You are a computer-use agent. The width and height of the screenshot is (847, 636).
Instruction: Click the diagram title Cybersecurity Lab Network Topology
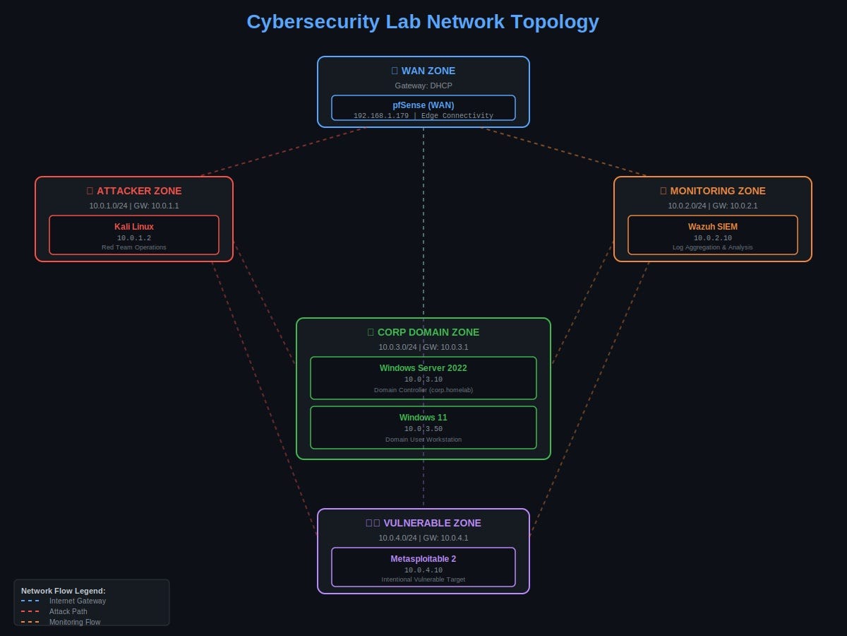coord(423,22)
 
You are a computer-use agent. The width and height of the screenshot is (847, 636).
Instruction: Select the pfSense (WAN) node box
coord(423,108)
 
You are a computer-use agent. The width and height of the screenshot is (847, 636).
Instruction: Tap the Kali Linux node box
coord(134,235)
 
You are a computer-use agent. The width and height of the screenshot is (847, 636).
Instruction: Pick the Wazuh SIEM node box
coord(713,235)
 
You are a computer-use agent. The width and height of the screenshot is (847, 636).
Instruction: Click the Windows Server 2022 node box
coord(423,378)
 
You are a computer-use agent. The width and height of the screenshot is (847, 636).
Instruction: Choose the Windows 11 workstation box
coord(423,428)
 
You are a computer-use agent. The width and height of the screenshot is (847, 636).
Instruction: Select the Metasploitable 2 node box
coord(423,567)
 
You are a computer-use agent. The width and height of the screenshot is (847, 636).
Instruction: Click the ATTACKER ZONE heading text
coord(138,191)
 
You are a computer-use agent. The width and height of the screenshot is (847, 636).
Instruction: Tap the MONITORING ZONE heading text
coord(717,191)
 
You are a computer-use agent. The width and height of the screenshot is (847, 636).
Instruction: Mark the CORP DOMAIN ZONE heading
coord(428,332)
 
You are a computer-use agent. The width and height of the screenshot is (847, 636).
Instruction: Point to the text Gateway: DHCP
coord(423,86)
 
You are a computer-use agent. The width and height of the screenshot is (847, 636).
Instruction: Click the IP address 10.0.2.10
coord(713,238)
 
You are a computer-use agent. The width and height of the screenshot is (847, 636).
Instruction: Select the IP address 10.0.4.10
coord(423,570)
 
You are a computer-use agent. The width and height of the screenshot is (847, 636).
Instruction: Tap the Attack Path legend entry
coord(68,611)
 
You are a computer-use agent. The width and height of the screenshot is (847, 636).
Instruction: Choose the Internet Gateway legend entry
coord(78,601)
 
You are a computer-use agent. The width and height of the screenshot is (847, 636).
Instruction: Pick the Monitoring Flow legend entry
coord(75,622)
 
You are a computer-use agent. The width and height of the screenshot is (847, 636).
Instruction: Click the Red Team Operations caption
coord(134,247)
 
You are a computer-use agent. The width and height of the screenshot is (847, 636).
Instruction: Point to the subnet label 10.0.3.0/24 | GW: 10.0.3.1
coord(423,347)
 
